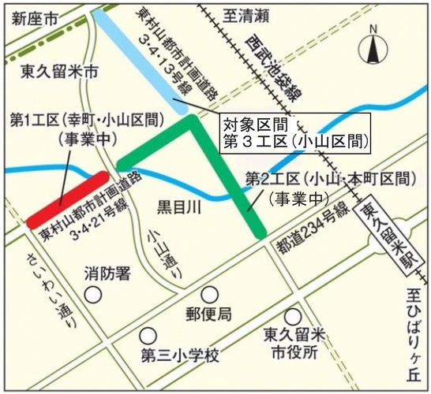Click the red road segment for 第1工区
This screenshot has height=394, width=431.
point(67,199)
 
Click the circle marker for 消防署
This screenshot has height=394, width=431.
point(94,295)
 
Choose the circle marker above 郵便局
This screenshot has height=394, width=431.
point(208,294)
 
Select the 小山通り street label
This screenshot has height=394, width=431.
point(157,247)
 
